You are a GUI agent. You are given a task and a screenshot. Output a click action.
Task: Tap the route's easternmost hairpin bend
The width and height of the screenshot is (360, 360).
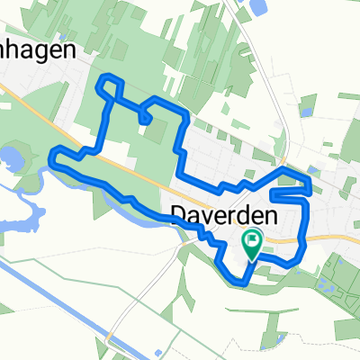pyautogui.click(x=310, y=190)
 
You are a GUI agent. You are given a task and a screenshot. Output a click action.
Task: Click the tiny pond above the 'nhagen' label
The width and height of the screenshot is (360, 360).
pyautogui.click(x=63, y=8)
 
